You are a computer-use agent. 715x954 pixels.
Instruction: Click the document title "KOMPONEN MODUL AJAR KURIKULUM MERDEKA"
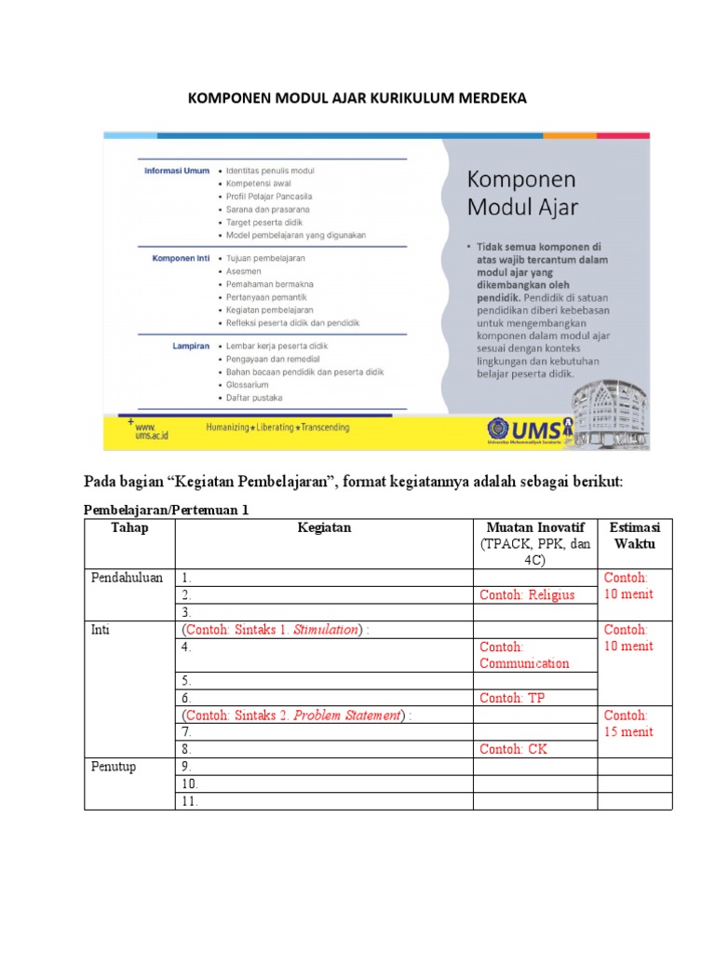point(357,98)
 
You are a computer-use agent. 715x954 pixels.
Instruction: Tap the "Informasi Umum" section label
point(176,170)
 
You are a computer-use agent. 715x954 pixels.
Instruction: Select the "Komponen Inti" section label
point(181,257)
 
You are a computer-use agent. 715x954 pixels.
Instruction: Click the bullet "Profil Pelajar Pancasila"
point(269,197)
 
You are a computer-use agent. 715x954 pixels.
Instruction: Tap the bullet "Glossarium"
point(248,384)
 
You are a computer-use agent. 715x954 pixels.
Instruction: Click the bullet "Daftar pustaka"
point(254,397)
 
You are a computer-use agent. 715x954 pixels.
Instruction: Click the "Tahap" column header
point(129,528)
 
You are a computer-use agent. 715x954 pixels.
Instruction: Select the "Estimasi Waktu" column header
point(634,536)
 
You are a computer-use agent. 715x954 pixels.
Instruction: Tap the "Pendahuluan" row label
point(128,578)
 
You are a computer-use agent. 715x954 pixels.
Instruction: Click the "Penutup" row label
point(113,767)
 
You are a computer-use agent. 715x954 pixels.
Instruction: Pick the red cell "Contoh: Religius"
point(527,594)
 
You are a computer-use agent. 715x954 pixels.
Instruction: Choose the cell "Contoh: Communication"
point(524,655)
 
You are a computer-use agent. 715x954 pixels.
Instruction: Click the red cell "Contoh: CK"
point(513,749)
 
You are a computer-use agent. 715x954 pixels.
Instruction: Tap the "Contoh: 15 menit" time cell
point(628,724)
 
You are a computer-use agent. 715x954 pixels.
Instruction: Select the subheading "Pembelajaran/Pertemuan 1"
point(167,511)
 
